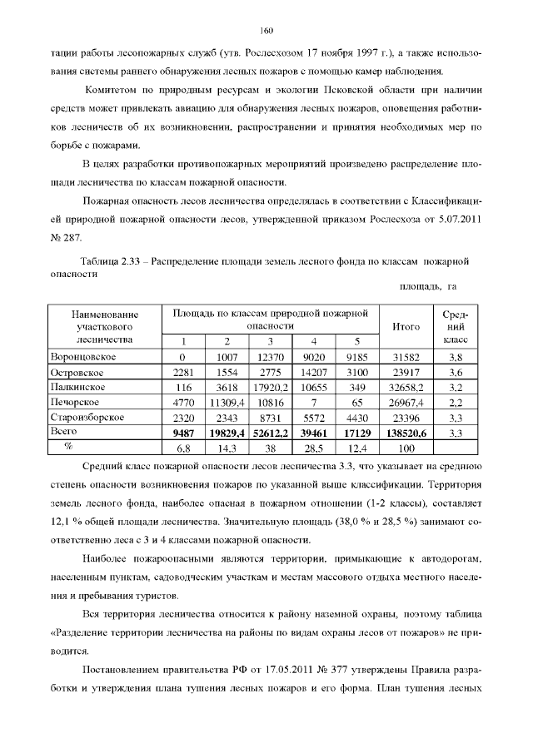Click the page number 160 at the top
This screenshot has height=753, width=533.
(266, 31)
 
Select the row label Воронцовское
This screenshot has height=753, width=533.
(83, 357)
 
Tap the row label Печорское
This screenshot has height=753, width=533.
(76, 402)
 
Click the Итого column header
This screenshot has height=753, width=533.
(405, 327)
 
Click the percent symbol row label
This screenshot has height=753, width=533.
(58, 447)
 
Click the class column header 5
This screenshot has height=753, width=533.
(356, 342)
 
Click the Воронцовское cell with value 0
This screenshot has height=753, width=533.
(182, 357)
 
